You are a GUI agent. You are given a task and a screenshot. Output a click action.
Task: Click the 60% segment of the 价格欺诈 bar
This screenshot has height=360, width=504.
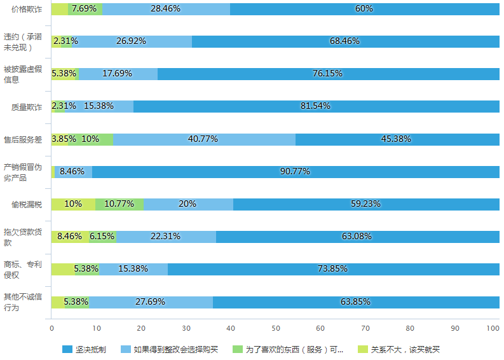click(x=364, y=9)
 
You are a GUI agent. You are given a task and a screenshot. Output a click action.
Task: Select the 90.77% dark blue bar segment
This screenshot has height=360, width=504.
click(x=296, y=172)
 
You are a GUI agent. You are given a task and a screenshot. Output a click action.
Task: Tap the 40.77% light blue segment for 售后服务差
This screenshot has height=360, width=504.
click(x=203, y=139)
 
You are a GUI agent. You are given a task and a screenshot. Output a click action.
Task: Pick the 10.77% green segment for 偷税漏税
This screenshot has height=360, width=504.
click(x=119, y=204)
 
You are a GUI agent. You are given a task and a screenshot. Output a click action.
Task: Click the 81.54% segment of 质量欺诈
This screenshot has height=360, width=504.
click(x=316, y=106)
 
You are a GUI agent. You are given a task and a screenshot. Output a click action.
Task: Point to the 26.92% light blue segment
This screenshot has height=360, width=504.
click(x=132, y=41)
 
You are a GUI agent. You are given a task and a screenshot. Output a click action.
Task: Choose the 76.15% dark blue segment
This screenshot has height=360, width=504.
click(x=328, y=74)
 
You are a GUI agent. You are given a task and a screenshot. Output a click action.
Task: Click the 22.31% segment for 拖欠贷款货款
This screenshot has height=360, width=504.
click(x=166, y=237)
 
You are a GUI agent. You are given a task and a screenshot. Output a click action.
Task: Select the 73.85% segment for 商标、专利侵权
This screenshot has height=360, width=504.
click(x=333, y=269)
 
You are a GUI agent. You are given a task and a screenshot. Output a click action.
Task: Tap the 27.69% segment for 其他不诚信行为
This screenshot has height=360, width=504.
click(x=151, y=301)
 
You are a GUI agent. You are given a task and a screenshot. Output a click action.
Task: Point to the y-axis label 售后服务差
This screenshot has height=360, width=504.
click(x=23, y=139)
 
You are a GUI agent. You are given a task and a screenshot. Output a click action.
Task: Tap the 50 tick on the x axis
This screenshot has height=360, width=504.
click(x=275, y=328)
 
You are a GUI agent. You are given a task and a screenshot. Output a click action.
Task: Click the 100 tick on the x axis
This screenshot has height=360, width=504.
click(x=493, y=328)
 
